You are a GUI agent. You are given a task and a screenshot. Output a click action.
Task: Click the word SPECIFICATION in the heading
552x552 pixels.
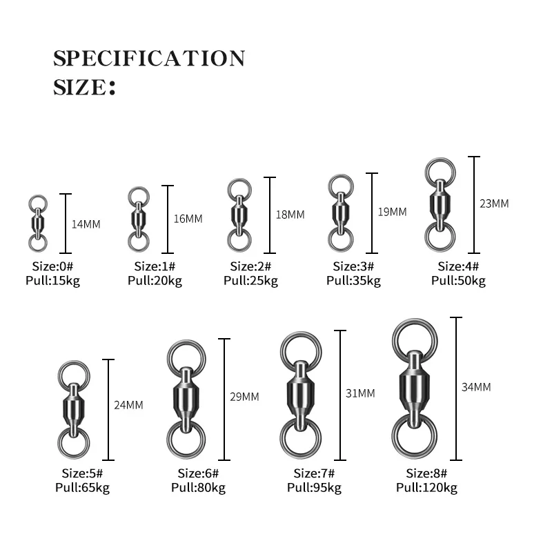[149, 58]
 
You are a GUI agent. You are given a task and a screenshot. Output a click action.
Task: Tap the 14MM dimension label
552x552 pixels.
[86, 224]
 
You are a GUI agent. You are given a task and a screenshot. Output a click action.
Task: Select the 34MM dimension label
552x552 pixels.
[476, 387]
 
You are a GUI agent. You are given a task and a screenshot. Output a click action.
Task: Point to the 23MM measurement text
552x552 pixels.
[494, 204]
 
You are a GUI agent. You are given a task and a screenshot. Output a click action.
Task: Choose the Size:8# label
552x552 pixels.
[426, 473]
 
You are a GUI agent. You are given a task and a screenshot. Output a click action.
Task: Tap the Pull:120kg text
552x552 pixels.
[426, 488]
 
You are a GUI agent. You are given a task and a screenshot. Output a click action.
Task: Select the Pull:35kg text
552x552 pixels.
[353, 281]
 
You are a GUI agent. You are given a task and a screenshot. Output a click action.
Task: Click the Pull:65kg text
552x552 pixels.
[82, 488]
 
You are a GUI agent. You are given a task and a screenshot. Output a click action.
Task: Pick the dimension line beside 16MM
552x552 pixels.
[168, 219]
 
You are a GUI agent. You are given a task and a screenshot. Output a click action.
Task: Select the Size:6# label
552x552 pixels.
[198, 473]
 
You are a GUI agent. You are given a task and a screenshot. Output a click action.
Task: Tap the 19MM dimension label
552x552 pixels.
[393, 212]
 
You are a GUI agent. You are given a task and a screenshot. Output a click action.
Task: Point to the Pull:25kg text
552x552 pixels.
[250, 281]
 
